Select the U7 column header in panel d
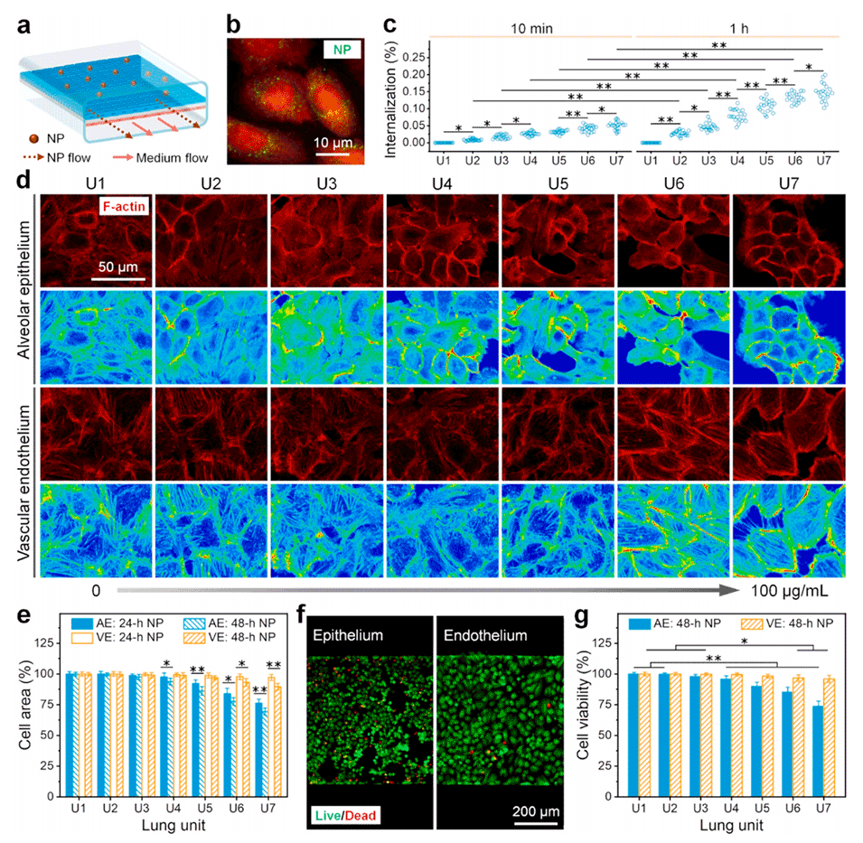coord(786,181)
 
